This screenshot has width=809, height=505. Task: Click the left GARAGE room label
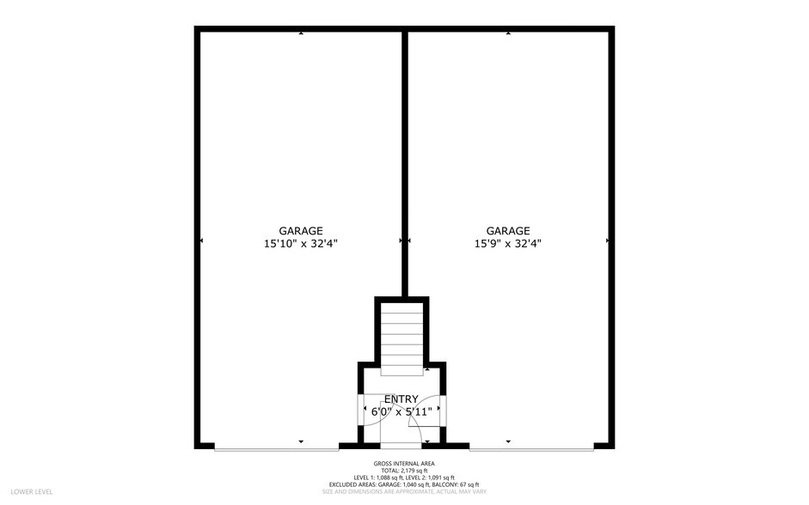point(301,230)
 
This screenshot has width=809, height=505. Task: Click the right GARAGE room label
point(508,230)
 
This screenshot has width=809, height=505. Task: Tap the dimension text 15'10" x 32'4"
point(301,243)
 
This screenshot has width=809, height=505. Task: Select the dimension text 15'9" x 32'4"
point(508,243)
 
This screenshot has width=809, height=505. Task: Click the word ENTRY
point(401,399)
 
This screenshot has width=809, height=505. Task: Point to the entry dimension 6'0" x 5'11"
point(401,411)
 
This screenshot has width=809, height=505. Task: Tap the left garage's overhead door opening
point(276,447)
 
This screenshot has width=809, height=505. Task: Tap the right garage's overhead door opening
point(530,447)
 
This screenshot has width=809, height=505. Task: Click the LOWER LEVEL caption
point(32,491)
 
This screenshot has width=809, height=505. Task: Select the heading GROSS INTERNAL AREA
point(404,464)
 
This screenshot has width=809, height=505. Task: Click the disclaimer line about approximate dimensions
point(404,491)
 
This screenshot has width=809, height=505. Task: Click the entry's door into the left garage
point(362,408)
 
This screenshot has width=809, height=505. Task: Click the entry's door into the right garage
point(441,408)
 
